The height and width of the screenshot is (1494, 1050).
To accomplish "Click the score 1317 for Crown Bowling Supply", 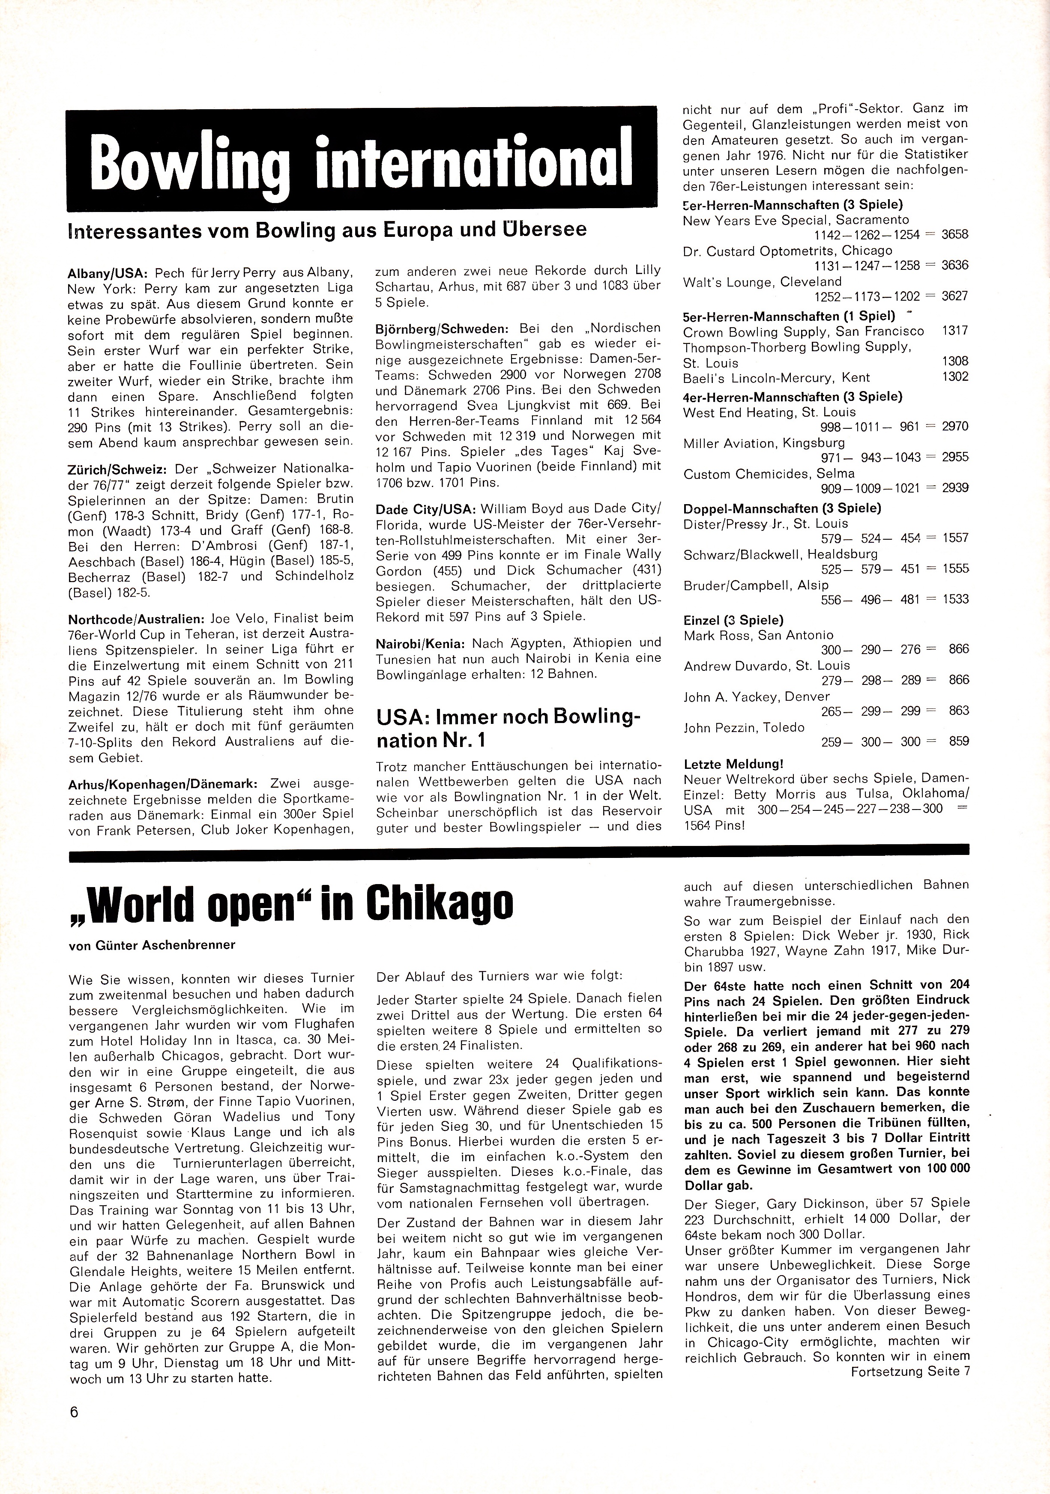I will tap(955, 331).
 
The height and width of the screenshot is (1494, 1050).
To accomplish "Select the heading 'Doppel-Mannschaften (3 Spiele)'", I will tap(782, 508).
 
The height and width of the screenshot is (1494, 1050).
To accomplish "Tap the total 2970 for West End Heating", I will tap(955, 426).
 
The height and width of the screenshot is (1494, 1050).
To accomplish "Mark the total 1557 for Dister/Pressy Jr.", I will tap(955, 538).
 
